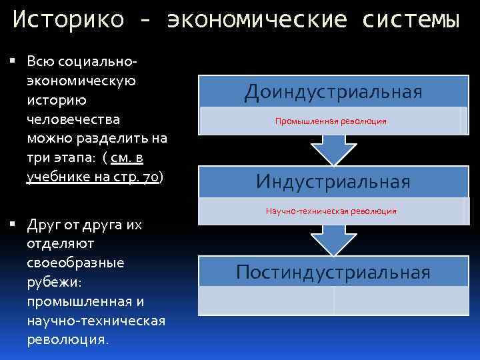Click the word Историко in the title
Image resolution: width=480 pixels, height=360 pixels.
67,20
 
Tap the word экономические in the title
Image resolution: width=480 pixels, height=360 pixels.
257,20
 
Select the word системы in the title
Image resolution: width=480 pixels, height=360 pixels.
411,20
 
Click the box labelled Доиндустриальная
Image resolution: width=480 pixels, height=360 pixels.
333,91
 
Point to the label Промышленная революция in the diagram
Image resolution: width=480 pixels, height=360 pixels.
331,122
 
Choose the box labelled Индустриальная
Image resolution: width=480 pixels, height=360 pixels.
333,181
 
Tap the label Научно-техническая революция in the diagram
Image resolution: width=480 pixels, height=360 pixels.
331,211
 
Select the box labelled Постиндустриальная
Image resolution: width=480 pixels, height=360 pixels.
333,272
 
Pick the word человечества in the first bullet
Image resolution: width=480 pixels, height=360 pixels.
73,119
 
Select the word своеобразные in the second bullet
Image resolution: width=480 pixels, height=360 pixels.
75,263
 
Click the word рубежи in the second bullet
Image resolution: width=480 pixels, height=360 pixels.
54,282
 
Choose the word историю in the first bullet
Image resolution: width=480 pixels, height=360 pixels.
55,100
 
